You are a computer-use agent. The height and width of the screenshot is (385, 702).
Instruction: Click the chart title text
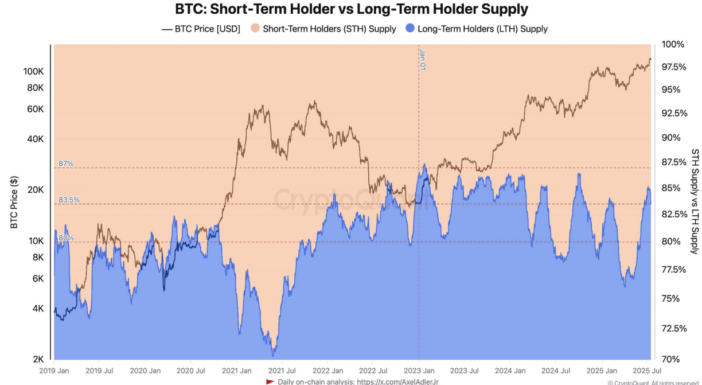[x=352, y=9]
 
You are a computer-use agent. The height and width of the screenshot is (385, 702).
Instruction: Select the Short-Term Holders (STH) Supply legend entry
[x=323, y=29]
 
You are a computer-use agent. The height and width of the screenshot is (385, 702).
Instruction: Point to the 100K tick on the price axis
[x=33, y=72]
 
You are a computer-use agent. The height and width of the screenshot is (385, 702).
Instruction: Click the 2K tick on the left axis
[x=38, y=359]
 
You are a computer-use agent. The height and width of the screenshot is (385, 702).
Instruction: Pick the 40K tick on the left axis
[x=36, y=139]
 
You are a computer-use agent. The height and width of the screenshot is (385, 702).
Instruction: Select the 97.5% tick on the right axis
[x=674, y=67]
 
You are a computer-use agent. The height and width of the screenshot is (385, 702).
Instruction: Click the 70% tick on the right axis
[x=670, y=359]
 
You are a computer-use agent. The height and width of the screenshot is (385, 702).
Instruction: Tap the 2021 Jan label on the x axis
[x=236, y=371]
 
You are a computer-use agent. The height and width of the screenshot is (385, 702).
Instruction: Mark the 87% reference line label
[x=66, y=164]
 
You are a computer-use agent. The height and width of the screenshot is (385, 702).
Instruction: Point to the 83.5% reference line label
[x=69, y=200]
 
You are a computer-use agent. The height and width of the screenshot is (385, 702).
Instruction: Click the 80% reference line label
[x=66, y=238]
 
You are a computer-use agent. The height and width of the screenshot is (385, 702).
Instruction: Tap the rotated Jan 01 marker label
[x=423, y=59]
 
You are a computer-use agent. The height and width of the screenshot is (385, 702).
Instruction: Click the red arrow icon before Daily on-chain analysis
[x=270, y=382]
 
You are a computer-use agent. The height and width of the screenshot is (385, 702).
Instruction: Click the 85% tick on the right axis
[x=670, y=188]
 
